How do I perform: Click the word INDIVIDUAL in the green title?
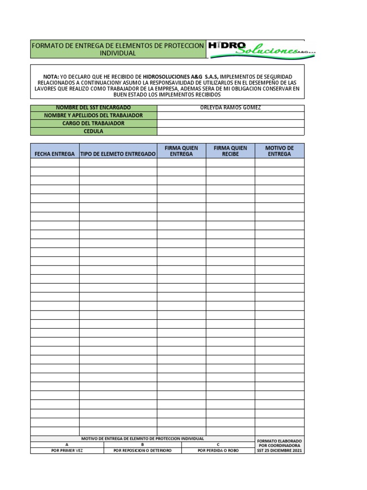click(118, 53)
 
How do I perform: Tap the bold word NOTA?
click(51, 77)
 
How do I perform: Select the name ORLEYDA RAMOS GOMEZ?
click(230, 108)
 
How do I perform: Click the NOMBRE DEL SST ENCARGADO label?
click(93, 108)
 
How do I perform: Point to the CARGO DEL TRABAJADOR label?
click(93, 123)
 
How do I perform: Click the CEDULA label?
click(93, 131)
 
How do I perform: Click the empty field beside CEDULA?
click(230, 131)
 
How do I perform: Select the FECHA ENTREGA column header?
click(54, 154)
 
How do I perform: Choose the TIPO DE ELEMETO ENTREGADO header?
click(118, 154)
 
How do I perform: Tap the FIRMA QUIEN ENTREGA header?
click(181, 151)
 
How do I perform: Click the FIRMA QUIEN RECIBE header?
click(230, 151)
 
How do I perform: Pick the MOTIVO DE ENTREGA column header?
click(279, 151)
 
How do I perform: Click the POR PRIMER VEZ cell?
click(67, 450)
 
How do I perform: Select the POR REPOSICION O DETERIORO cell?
click(142, 450)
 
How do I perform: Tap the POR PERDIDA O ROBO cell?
click(217, 450)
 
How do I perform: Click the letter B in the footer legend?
click(142, 445)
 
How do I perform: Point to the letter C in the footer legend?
click(217, 445)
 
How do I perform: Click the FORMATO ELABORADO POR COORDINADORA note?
click(279, 445)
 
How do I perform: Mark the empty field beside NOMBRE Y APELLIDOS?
click(230, 115)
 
